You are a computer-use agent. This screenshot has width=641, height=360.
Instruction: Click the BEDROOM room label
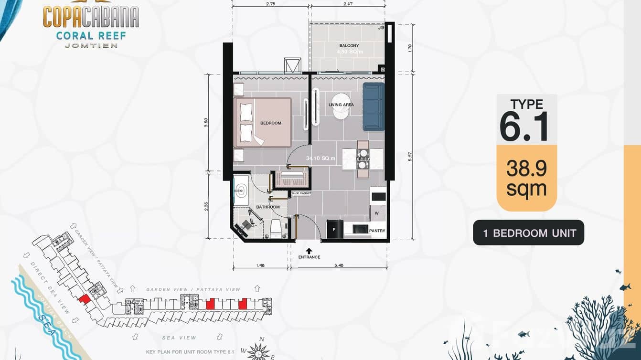[270, 123]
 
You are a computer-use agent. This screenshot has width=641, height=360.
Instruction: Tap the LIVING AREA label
[341, 105]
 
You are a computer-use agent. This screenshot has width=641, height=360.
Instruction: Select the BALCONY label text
[349, 46]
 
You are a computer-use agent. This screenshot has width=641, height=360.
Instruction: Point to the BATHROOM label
[267, 207]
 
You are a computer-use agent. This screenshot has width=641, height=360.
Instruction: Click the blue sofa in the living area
[373, 106]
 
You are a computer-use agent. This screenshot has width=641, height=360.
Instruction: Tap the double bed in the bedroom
[263, 122]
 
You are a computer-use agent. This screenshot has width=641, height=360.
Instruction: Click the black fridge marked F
[334, 229]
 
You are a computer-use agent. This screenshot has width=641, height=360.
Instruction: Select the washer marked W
[377, 212]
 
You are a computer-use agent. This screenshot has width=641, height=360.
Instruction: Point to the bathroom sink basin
[240, 191]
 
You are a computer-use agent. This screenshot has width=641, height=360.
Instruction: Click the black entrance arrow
[309, 250]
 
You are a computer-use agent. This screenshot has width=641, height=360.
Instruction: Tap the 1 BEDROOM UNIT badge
[529, 233]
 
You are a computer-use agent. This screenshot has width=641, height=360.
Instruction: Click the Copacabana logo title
[91, 17]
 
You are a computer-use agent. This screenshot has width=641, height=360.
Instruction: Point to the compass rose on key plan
[259, 350]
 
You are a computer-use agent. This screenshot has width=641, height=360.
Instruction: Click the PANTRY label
[377, 231]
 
